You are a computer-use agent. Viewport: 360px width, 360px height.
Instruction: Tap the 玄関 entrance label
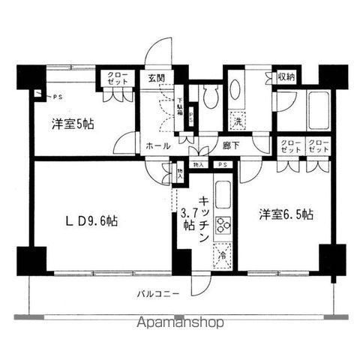point(157,77)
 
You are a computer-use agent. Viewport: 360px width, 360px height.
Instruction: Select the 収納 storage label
point(286,76)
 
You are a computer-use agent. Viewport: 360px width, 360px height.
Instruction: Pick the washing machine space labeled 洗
point(236,121)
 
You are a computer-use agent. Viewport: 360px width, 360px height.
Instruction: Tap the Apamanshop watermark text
point(179,324)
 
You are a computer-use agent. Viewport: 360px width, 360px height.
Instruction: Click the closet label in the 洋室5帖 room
point(116,79)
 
